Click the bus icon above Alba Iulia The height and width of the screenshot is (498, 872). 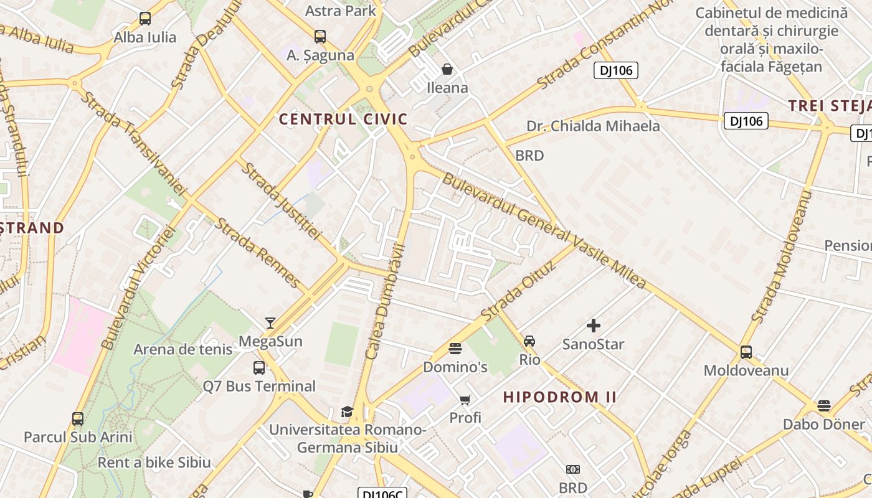click(145, 19)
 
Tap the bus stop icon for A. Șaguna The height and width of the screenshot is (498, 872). click(320, 37)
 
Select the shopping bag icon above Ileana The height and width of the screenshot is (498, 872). click(447, 69)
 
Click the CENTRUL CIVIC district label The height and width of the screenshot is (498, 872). click(343, 119)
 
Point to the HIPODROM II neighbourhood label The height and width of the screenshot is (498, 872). click(560, 397)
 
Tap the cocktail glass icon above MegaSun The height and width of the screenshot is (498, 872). click(270, 322)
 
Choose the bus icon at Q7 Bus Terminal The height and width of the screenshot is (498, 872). click(259, 368)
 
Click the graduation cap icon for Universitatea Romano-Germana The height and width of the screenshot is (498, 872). click(347, 412)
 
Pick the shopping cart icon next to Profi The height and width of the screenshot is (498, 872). click(465, 400)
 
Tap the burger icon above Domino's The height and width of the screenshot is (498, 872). click(455, 349)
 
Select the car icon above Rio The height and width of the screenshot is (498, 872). click(529, 341)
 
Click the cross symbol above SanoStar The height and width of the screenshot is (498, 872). click(594, 325)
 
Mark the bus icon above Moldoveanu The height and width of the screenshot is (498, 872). click(746, 352)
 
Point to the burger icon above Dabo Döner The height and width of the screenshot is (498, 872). click(824, 406)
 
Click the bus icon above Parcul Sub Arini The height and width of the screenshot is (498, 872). click(78, 419)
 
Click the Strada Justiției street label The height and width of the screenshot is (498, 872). click(282, 200)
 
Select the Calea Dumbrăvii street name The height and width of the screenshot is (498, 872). click(386, 303)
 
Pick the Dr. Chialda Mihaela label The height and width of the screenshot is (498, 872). click(593, 126)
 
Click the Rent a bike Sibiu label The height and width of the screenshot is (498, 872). click(154, 463)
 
